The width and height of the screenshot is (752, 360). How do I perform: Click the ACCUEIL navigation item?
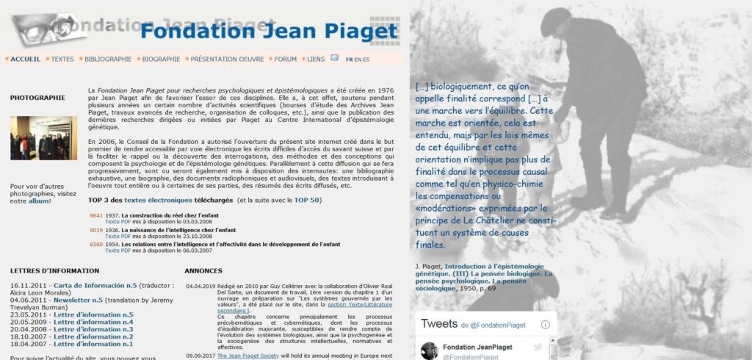26,59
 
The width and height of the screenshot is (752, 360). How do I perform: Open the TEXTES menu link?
62,59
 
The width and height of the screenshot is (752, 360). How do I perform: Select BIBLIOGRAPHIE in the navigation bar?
108,59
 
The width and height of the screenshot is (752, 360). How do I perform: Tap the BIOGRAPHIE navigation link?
161,59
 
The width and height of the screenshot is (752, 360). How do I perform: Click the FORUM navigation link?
286,59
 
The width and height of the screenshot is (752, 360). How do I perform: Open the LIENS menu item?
316,59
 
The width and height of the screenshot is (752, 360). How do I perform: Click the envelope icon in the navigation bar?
335,58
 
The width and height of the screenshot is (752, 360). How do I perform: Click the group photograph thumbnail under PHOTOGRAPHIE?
43,138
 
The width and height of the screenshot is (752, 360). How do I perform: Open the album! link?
40,201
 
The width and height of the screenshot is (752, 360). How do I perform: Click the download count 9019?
96,230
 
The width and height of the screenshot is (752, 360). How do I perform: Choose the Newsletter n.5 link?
78,300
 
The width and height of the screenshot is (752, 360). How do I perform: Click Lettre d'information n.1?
93,344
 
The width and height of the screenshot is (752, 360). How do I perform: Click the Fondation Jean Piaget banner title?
269,32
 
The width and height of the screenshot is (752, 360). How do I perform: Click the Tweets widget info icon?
546,324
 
